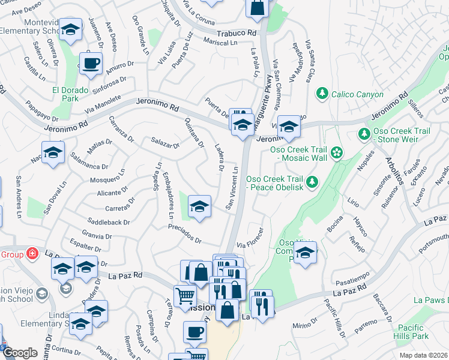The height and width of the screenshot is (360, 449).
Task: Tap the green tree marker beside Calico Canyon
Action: pos(322,93)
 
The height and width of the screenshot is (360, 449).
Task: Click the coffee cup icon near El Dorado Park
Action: pos(91,63)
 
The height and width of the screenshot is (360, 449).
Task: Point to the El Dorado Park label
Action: pos(70,94)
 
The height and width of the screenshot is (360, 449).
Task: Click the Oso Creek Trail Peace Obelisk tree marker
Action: pos(312,181)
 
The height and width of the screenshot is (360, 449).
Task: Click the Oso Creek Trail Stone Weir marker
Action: pos(363,133)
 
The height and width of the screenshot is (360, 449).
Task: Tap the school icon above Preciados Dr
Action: pos(199,207)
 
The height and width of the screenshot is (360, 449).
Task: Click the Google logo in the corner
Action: pos(20,353)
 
